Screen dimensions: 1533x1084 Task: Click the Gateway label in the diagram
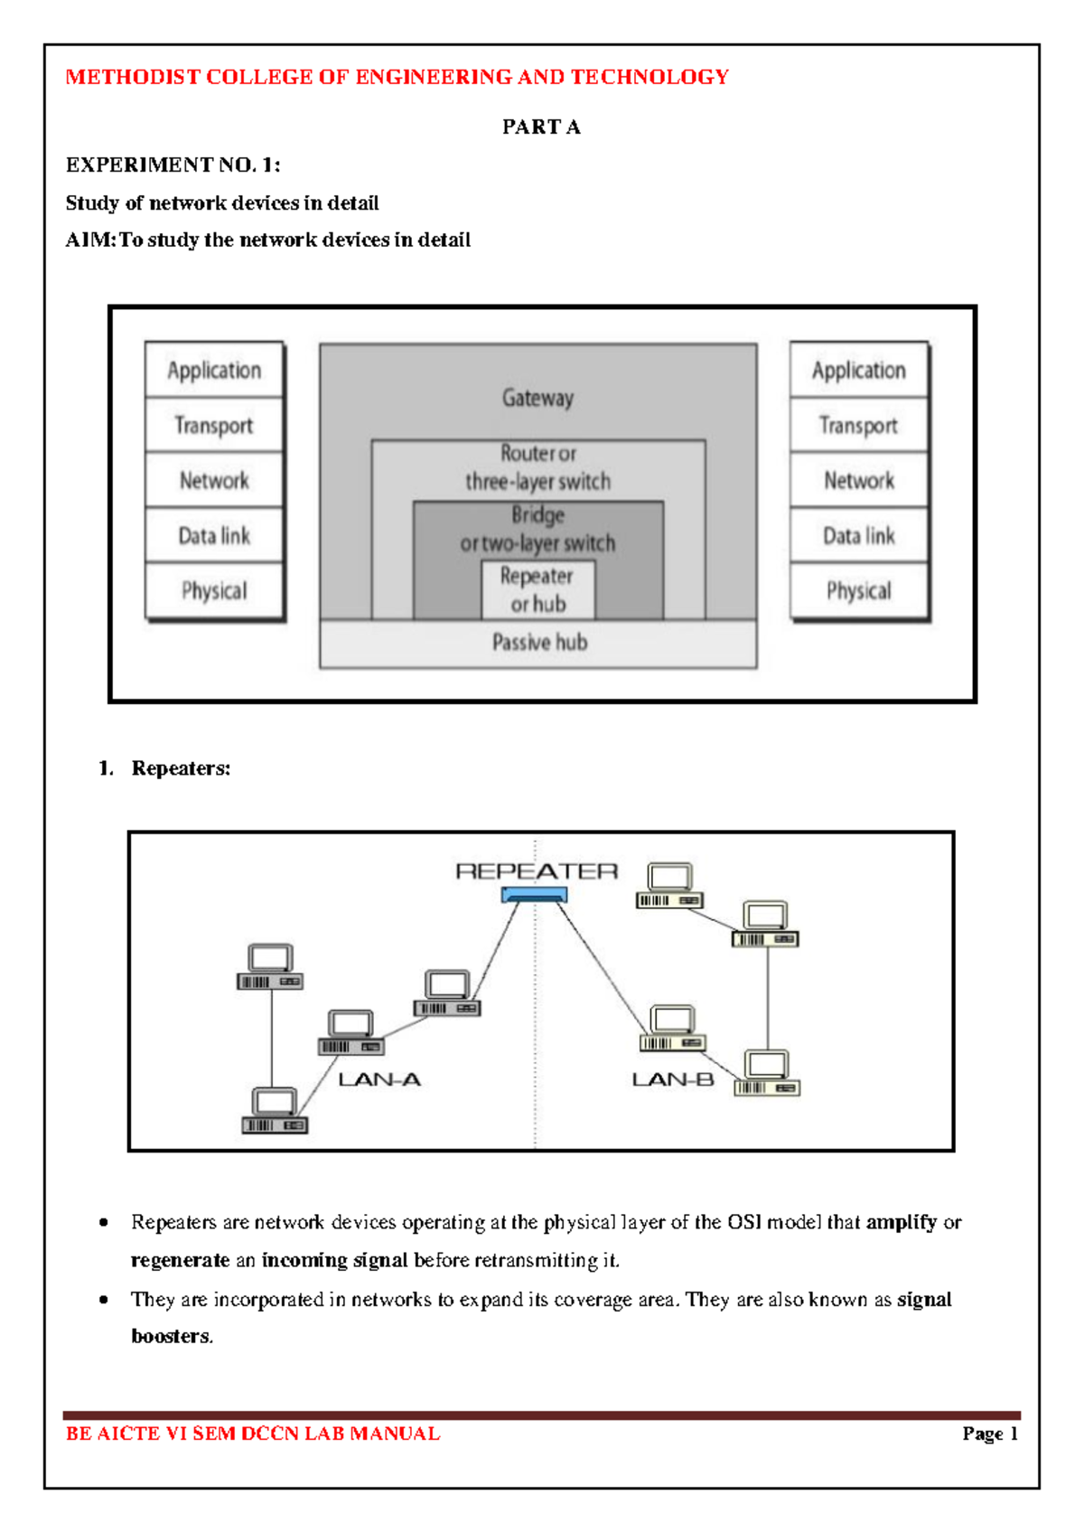click(537, 398)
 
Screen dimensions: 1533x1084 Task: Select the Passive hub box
click(538, 643)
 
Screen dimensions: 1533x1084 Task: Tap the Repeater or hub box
click(537, 589)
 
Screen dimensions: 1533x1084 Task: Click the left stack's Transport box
click(214, 425)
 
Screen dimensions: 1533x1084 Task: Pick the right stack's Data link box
click(858, 535)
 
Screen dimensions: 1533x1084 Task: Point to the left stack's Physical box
click(214, 590)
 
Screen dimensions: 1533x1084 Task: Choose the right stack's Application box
click(858, 370)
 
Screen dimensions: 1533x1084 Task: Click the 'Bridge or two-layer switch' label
click(537, 529)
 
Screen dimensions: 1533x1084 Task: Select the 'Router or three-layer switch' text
click(537, 467)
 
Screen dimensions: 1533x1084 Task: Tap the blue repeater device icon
click(535, 895)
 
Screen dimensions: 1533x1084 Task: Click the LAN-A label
click(379, 1079)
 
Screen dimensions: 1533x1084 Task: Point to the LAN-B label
click(673, 1079)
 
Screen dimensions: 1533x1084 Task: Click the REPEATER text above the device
click(537, 871)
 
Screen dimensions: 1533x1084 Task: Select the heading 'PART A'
click(541, 127)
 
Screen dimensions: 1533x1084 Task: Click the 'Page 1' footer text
click(990, 1434)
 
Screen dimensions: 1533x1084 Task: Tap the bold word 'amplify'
click(901, 1222)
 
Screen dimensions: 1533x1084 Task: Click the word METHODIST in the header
click(132, 77)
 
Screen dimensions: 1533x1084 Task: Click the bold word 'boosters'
click(171, 1336)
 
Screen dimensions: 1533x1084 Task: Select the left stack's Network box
click(214, 480)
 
